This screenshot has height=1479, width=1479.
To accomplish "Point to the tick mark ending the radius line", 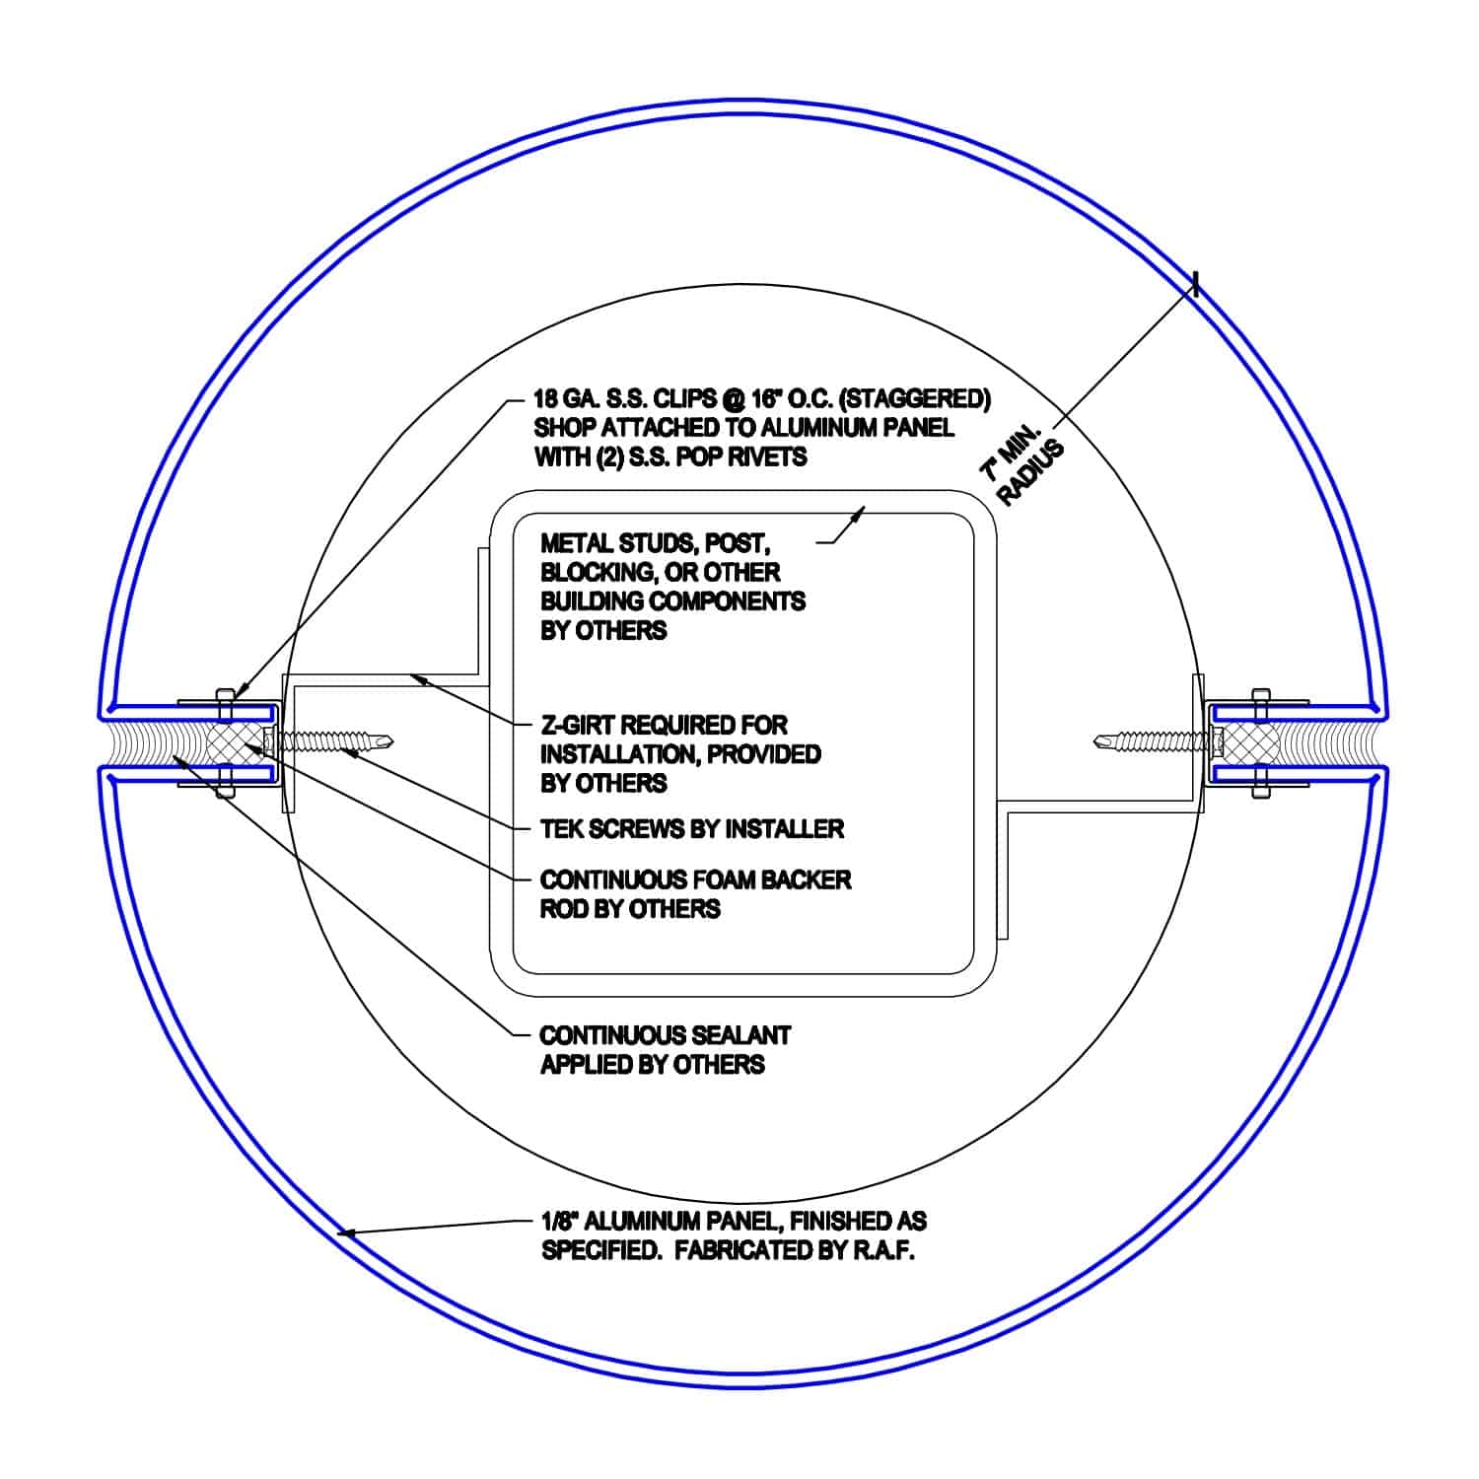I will tap(1195, 285).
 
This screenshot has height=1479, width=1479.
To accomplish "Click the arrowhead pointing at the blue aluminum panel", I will tap(345, 1232).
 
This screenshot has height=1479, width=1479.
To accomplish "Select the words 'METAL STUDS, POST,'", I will tap(654, 543).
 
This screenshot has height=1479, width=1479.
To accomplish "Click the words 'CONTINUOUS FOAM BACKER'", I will tap(695, 880).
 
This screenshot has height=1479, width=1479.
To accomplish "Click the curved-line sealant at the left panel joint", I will tap(138, 740).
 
